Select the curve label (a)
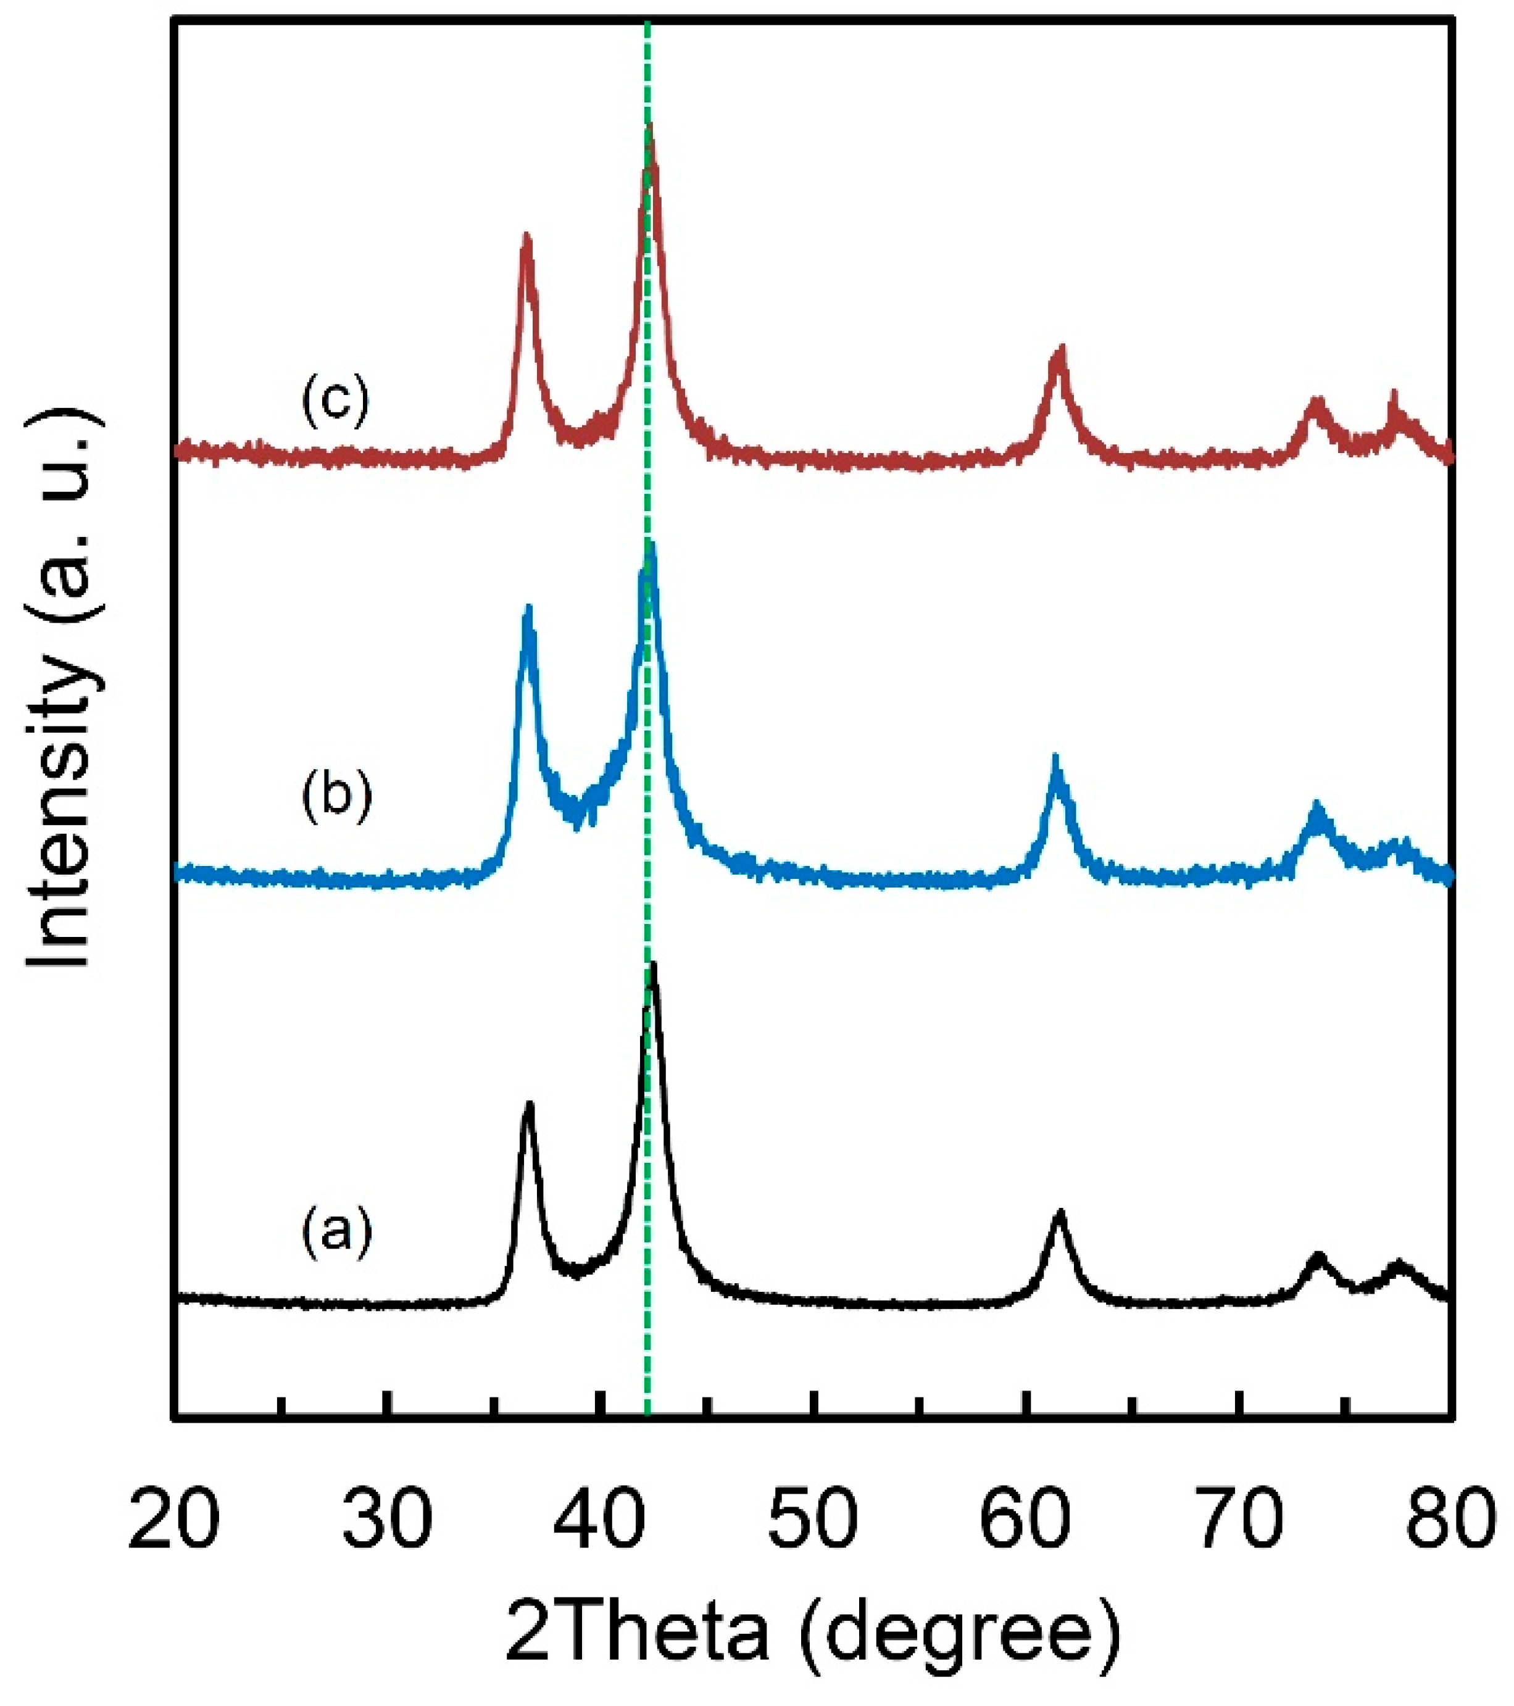tap(336, 1232)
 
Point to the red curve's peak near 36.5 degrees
tap(526, 237)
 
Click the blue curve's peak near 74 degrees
tap(1318, 805)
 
